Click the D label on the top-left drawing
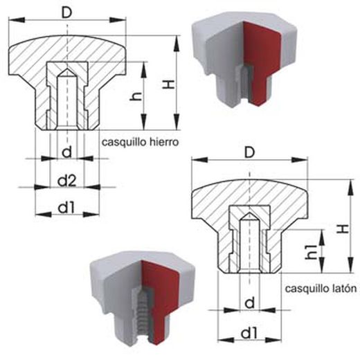coord(67,12)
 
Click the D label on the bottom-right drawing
coord(249,152)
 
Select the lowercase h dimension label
coord(136,96)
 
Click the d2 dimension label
coord(66,181)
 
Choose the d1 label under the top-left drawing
coord(66,208)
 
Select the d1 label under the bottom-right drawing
coord(249,334)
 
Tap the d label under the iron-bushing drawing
coord(67,152)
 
